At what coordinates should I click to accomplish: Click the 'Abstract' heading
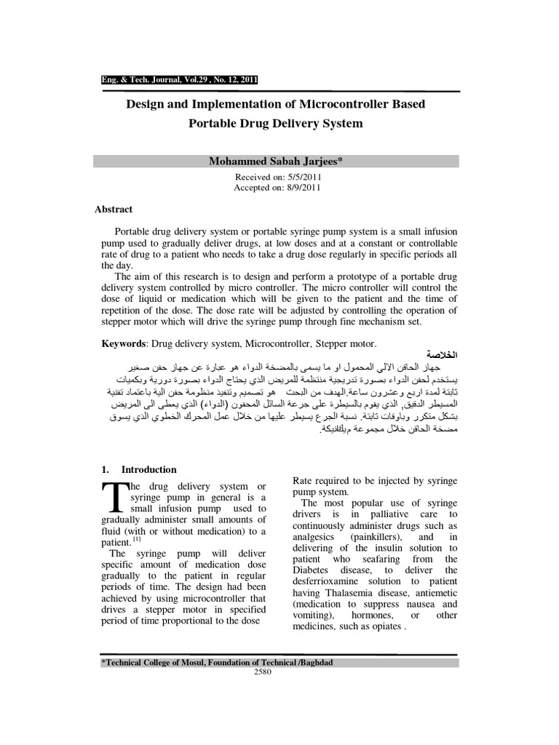114,210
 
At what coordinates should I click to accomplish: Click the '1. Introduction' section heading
138,469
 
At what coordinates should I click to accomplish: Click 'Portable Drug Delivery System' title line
276,124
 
